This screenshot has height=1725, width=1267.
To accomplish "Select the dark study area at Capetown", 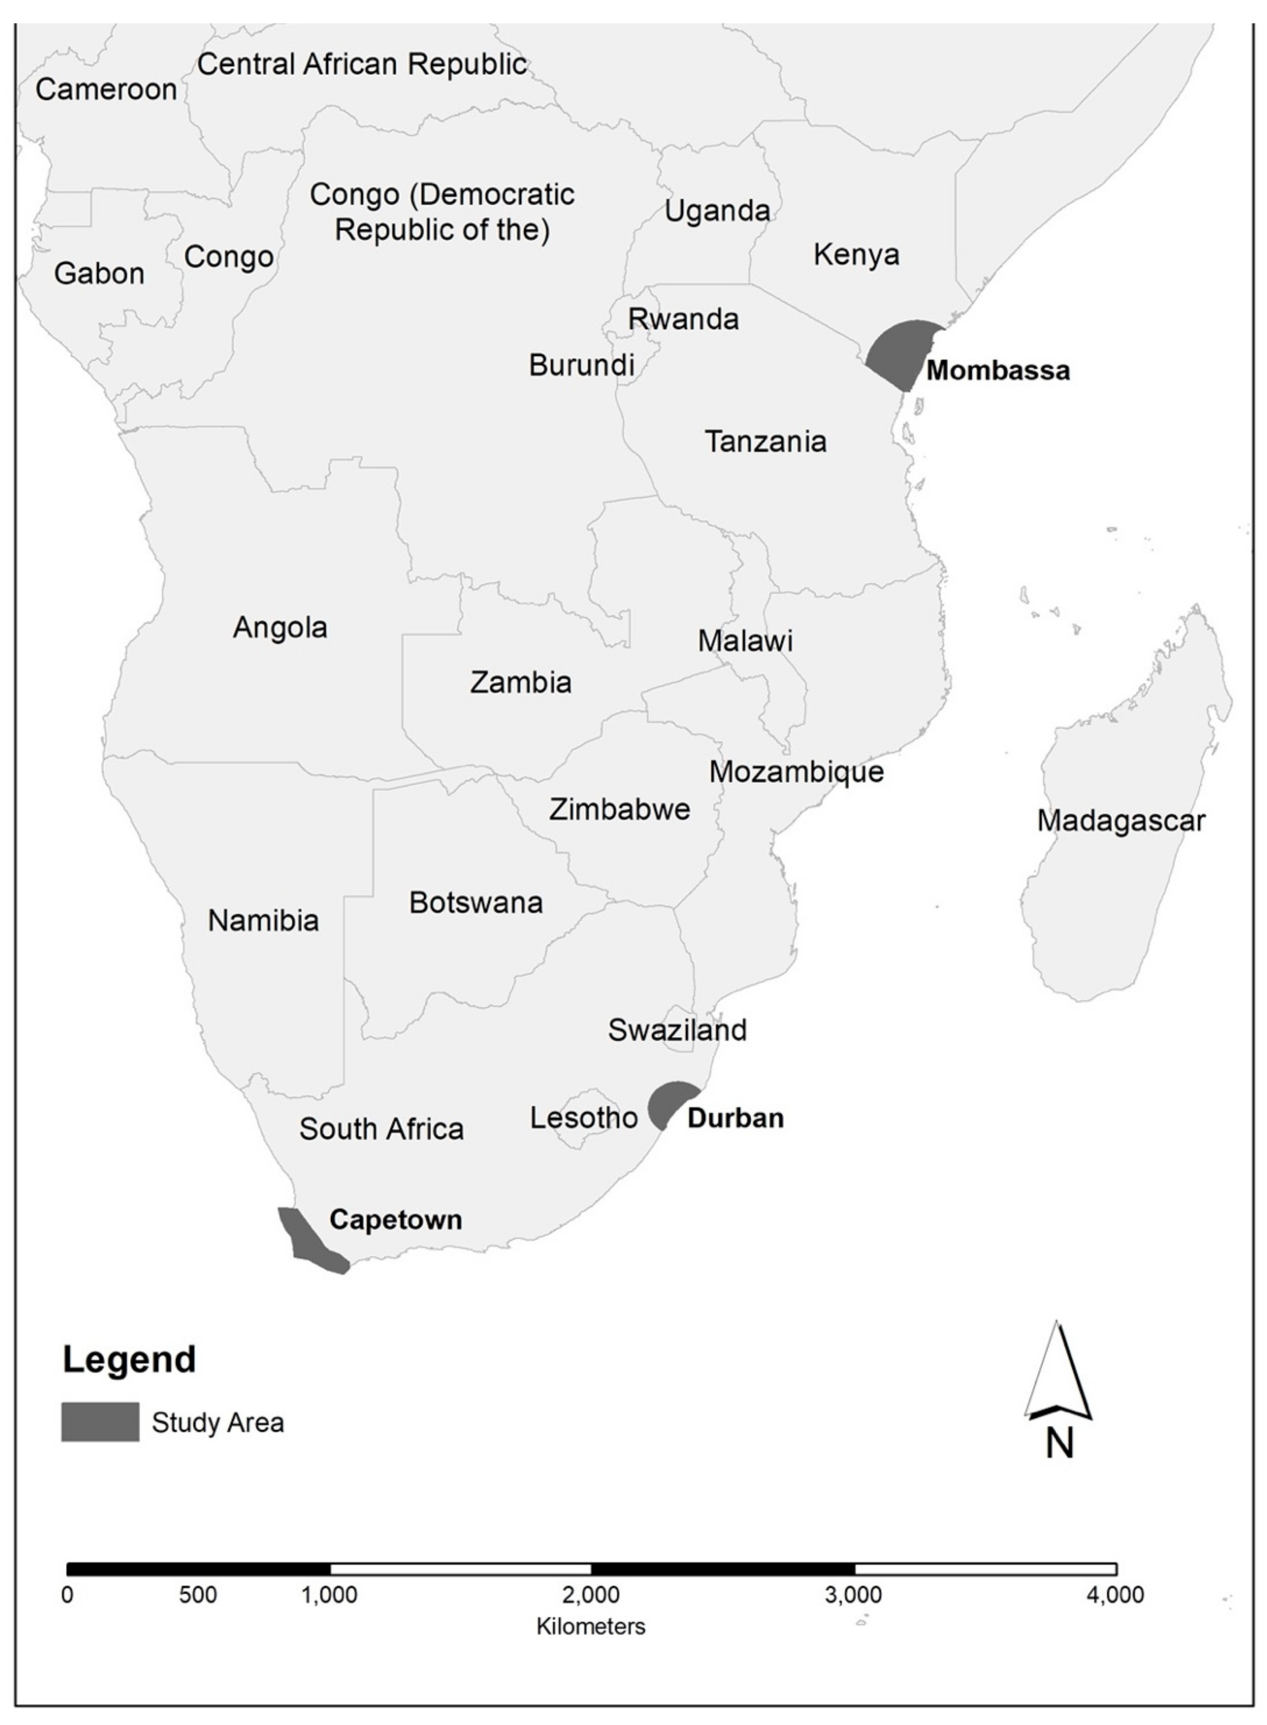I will click(x=309, y=1241).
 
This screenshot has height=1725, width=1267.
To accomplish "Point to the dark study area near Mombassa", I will click(x=901, y=352).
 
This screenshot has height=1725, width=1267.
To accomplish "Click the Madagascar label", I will click(x=1121, y=821).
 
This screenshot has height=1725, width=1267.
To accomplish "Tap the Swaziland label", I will click(x=677, y=1030).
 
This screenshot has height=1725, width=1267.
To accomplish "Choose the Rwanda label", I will click(x=683, y=319).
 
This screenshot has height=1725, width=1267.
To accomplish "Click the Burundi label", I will click(x=581, y=365).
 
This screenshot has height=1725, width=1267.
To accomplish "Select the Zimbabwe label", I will click(x=619, y=809).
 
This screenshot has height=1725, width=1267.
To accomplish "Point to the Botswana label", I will click(x=476, y=903).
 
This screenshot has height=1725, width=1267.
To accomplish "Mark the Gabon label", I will click(x=99, y=274).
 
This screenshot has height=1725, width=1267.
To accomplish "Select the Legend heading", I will click(x=129, y=1360).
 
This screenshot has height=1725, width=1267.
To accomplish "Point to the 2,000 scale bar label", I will click(x=590, y=1595).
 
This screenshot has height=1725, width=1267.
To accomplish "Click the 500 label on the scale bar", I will click(x=198, y=1595).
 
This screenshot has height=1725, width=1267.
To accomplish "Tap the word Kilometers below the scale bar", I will click(x=590, y=1626).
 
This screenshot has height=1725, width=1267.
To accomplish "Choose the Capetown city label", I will click(x=395, y=1219).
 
